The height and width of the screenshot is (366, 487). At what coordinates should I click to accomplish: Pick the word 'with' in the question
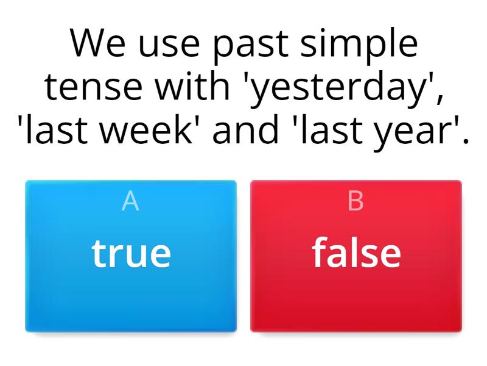[194, 87]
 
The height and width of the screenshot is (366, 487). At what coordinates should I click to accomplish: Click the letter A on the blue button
[130, 201]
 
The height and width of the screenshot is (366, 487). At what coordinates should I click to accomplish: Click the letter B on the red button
[356, 201]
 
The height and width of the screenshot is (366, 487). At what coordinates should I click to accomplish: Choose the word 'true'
[131, 253]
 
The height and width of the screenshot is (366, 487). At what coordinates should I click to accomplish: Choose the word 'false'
[356, 253]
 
